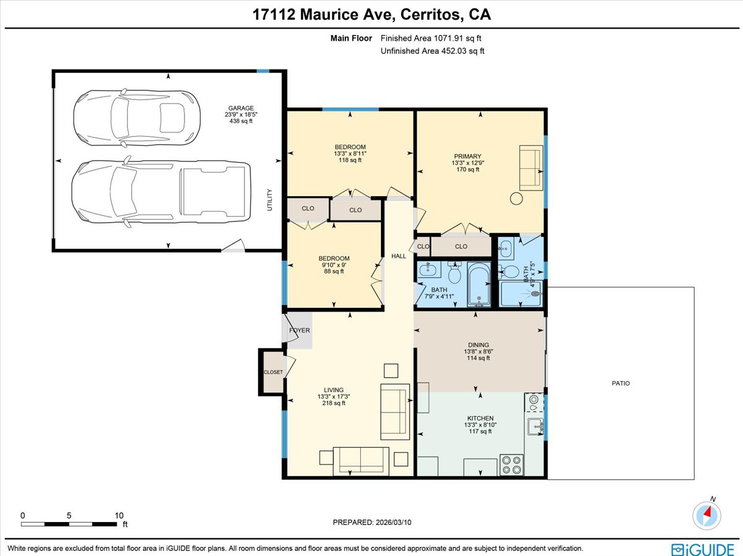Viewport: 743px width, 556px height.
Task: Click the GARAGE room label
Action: point(239,108)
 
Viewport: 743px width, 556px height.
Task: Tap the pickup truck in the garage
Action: point(161,191)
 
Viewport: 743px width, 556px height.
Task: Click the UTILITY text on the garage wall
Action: point(270,200)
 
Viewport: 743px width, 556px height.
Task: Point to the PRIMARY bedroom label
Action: point(467,156)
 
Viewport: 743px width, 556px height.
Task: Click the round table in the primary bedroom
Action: point(516,199)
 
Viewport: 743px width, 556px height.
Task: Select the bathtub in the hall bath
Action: point(479,284)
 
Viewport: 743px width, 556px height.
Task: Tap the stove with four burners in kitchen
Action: point(511,464)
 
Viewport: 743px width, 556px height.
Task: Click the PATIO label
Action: point(620,383)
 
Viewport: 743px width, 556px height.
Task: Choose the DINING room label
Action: point(478,345)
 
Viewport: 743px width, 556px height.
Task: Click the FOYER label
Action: point(299,330)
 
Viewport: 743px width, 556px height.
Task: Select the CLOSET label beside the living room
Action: point(273,372)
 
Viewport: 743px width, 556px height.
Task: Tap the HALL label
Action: point(398,256)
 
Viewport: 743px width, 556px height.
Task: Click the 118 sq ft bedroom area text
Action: point(350,160)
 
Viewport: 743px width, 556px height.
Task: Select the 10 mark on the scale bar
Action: point(119,515)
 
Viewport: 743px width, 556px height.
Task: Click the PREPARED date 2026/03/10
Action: point(372,523)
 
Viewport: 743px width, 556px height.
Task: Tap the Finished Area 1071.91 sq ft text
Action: point(432,38)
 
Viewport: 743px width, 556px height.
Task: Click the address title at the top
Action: point(371,14)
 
